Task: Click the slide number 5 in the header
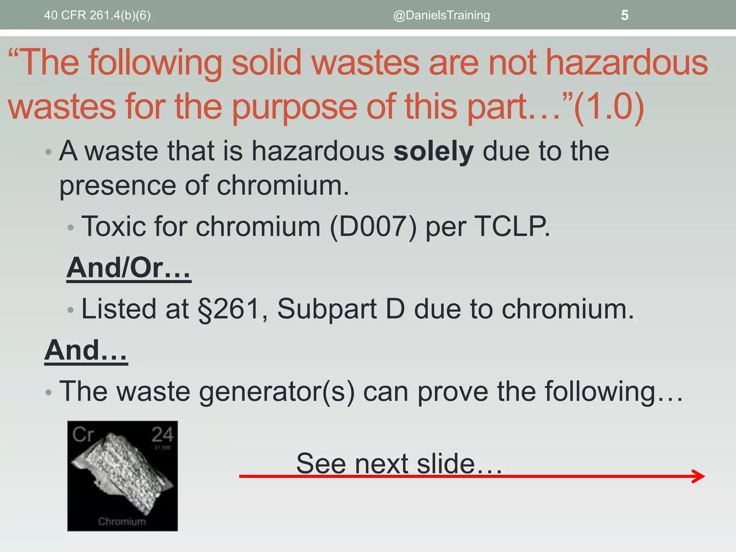point(625,15)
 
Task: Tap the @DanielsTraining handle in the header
point(441,15)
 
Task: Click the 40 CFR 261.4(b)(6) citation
point(97,15)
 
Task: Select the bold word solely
point(433,151)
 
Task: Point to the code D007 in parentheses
point(373,227)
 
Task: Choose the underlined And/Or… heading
point(128,268)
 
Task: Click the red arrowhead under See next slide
point(699,476)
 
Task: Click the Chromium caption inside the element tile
point(122,521)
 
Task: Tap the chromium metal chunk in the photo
point(122,471)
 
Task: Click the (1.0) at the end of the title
point(609,106)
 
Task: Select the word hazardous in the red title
point(627,63)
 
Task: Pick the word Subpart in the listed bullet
point(327,309)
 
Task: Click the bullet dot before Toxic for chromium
point(71,227)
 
